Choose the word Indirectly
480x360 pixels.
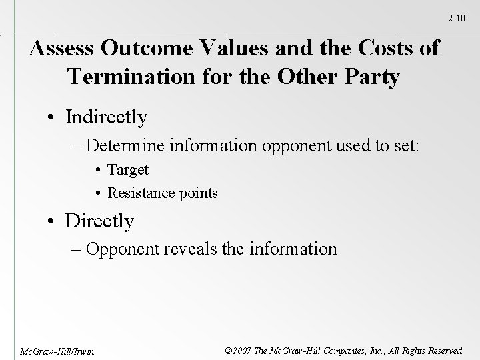click(106, 117)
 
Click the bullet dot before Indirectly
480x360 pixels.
click(52, 118)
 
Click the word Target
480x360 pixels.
click(128, 170)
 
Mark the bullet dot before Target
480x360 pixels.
click(99, 171)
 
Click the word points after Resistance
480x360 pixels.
click(197, 194)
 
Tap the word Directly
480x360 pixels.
click(99, 221)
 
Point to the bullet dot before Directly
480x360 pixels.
click(52, 221)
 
